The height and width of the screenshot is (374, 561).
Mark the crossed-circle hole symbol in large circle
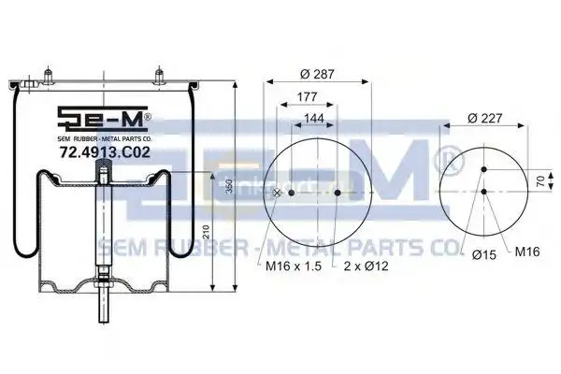[x=277, y=193]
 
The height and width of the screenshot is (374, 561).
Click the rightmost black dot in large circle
[x=337, y=193]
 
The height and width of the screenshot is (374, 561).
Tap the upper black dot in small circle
[x=483, y=169]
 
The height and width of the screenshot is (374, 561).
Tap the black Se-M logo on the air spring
[x=102, y=118]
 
